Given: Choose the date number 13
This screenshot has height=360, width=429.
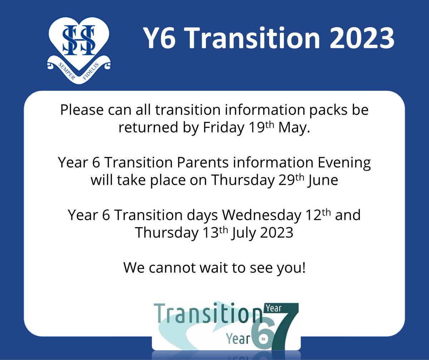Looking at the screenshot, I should [208, 233].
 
